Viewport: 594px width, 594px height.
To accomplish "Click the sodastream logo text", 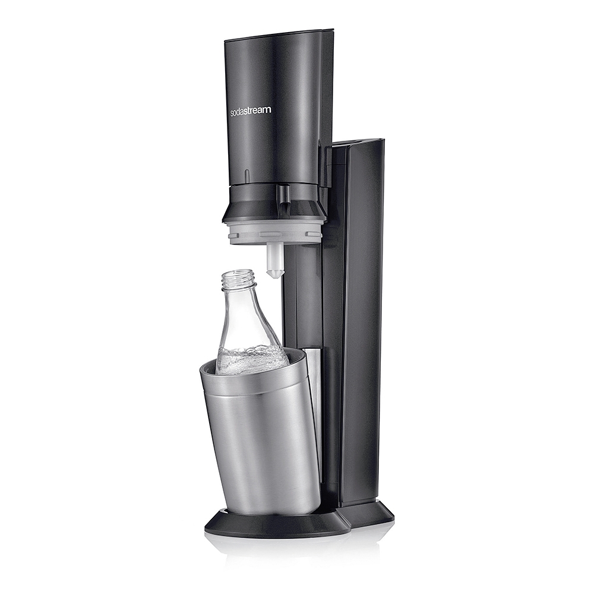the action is coord(251,110).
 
